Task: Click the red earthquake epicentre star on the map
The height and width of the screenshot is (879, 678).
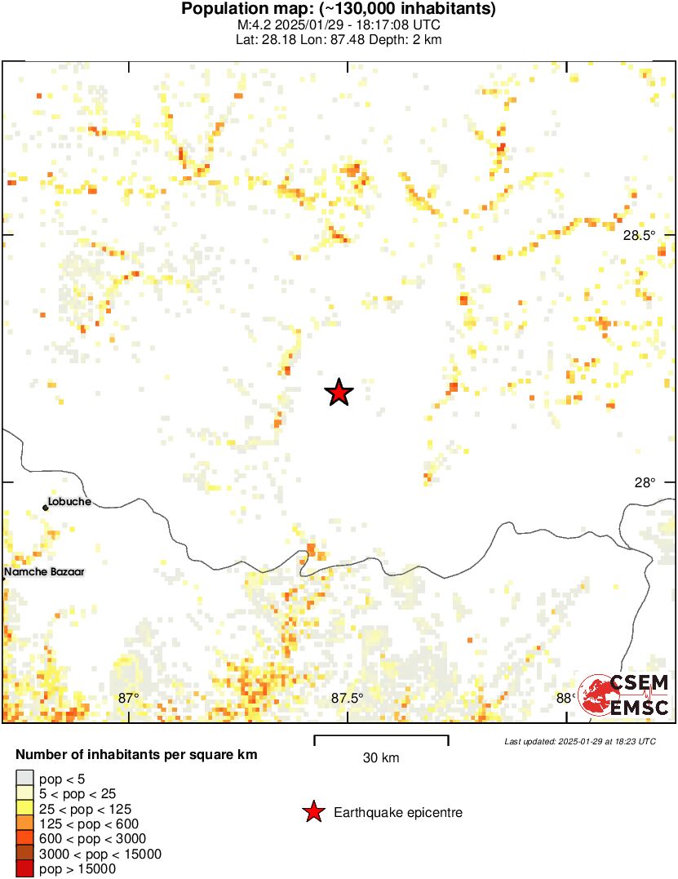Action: [x=339, y=393]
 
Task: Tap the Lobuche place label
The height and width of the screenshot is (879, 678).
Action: [x=69, y=502]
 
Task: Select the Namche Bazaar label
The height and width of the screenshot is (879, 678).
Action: [x=44, y=572]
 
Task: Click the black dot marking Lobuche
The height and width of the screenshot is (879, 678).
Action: [x=46, y=508]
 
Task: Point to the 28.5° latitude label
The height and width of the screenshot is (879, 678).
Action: [x=639, y=236]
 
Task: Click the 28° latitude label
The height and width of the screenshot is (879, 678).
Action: [x=645, y=482]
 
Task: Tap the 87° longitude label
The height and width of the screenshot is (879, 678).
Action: [x=128, y=698]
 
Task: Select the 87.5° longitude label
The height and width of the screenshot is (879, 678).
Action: [x=347, y=698]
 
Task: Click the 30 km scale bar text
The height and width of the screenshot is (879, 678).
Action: [x=381, y=758]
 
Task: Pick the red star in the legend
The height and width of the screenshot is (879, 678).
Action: [x=312, y=812]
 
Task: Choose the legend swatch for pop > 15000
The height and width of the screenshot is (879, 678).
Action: [x=25, y=869]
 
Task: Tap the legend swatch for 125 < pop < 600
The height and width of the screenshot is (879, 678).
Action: [x=25, y=824]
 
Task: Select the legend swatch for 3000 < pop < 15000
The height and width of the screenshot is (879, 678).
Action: [x=25, y=854]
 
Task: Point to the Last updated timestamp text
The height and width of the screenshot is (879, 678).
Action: [x=579, y=741]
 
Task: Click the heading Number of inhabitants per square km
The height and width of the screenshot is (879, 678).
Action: [x=136, y=754]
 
